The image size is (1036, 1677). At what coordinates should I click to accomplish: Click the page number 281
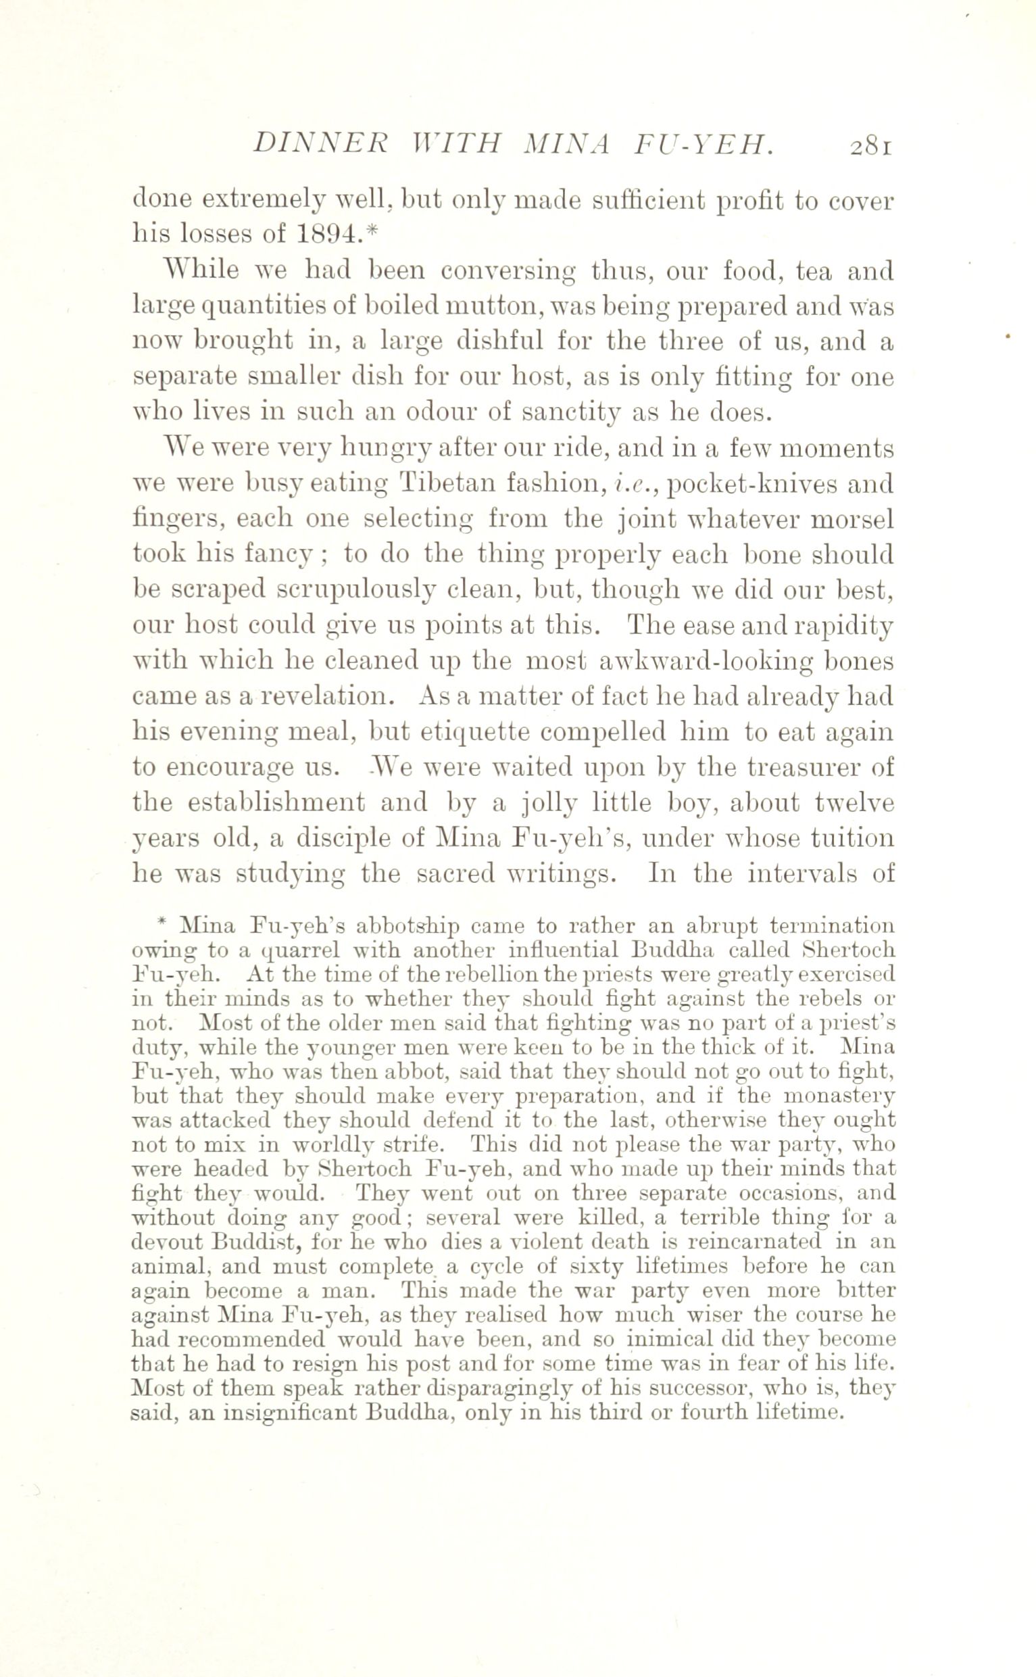click(x=870, y=147)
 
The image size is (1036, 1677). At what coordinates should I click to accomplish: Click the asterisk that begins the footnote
click(x=162, y=924)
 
